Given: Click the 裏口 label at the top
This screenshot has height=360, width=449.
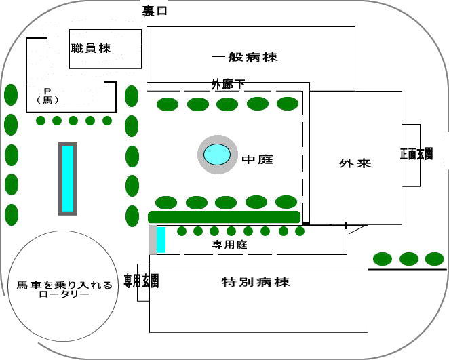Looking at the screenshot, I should pos(155,11).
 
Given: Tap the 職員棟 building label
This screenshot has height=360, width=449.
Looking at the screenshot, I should pos(91,48).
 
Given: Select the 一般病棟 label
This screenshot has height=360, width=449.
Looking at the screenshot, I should pos(244,57).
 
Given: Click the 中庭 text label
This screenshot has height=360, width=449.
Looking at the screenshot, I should pos(261,159).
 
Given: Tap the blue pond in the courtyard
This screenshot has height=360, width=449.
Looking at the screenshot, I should pos(217,154).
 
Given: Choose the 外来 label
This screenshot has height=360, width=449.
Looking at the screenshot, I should pos(355,164).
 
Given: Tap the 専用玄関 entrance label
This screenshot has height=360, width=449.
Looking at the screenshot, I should pos(142,281).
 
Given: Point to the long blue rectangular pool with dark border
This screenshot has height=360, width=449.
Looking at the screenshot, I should pos(68,178).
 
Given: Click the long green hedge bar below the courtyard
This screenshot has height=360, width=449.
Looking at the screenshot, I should pos(224,217).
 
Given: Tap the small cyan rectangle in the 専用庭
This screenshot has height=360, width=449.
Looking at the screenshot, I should pos(161,240).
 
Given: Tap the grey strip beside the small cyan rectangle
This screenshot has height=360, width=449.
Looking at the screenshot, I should pos(153,240).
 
